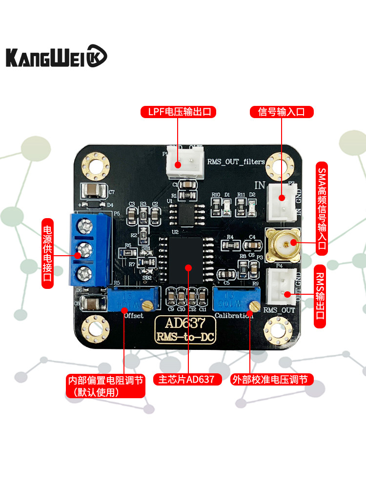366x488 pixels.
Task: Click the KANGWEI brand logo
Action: (x=56, y=56)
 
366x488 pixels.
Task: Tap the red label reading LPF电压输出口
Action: (x=178, y=112)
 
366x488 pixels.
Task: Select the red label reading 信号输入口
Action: (x=281, y=112)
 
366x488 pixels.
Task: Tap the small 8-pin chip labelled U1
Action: (x=186, y=213)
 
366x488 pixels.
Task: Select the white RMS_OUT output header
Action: (x=282, y=286)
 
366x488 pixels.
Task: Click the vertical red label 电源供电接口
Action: (x=47, y=253)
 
